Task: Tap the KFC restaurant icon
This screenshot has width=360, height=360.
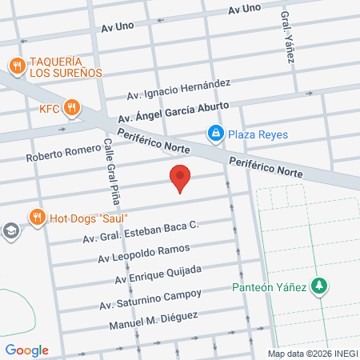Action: pyautogui.click(x=72, y=106)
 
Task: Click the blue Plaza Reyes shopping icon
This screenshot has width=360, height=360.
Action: pyautogui.click(x=214, y=133)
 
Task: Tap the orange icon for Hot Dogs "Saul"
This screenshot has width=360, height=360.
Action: pyautogui.click(x=36, y=217)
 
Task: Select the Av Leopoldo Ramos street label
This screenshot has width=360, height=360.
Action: pyautogui.click(x=144, y=253)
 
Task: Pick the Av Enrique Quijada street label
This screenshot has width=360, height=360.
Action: pyautogui.click(x=157, y=274)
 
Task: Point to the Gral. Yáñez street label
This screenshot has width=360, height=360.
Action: pyautogui.click(x=287, y=37)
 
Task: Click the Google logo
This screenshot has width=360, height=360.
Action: pyautogui.click(x=26, y=350)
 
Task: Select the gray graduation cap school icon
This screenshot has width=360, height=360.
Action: pyautogui.click(x=10, y=232)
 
